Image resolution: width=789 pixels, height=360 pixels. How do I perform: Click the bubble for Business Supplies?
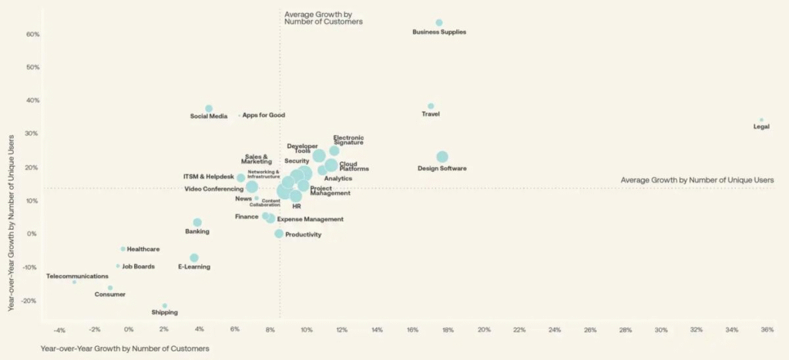click(x=439, y=23)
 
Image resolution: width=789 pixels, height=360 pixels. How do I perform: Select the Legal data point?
click(x=761, y=120)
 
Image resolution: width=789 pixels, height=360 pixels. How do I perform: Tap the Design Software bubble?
click(x=442, y=157)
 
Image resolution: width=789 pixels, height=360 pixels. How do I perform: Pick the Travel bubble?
click(x=431, y=106)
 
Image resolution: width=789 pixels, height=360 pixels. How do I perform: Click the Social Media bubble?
click(x=209, y=109)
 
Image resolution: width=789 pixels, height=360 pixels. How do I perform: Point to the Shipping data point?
click(x=165, y=306)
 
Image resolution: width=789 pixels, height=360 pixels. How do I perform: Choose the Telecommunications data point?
click(x=74, y=282)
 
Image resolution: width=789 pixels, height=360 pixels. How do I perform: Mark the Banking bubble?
click(x=197, y=223)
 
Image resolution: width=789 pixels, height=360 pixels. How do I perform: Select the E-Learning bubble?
click(x=194, y=257)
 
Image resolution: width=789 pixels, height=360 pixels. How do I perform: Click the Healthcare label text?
click(x=143, y=249)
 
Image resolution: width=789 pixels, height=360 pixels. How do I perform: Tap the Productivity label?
click(x=303, y=234)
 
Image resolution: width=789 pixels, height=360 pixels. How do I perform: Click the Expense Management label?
click(x=310, y=220)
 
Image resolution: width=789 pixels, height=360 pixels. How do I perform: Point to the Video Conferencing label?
click(x=213, y=189)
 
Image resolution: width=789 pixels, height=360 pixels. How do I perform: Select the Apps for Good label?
click(x=264, y=116)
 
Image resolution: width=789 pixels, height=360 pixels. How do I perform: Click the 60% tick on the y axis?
click(x=32, y=34)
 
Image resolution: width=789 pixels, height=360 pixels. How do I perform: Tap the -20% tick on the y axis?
click(x=31, y=301)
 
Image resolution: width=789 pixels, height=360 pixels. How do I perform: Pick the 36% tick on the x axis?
click(x=767, y=330)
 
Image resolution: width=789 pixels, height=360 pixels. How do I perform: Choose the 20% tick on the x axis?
click(x=483, y=330)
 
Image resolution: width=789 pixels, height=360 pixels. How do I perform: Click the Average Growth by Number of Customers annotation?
click(x=323, y=18)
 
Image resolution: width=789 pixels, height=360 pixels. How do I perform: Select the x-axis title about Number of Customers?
click(x=124, y=348)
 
